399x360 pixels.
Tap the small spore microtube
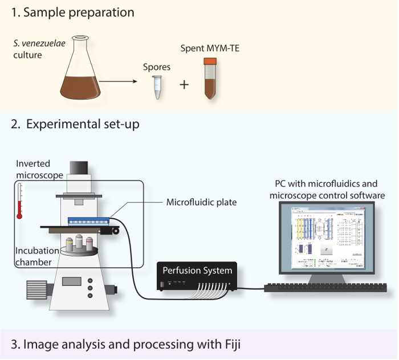157,85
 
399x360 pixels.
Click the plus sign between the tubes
184,85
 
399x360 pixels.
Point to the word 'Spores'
157,67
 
